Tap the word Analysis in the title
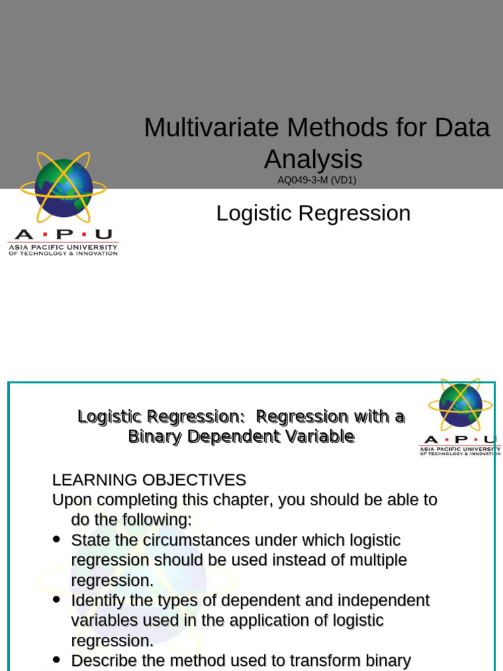pos(313,159)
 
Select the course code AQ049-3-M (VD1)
pos(316,180)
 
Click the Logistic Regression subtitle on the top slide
pos(313,213)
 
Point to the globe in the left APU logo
pos(64,187)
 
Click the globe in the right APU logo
pos(460,405)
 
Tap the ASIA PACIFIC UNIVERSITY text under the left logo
pos(63,248)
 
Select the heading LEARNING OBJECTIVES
pos(149,480)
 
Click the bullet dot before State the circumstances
pos(56,539)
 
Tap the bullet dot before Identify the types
pos(56,599)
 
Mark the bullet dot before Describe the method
pos(56,659)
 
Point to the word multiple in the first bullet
pos(376,560)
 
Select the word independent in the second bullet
pos(391,600)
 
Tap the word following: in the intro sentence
pos(156,520)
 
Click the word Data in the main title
pos(464,127)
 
